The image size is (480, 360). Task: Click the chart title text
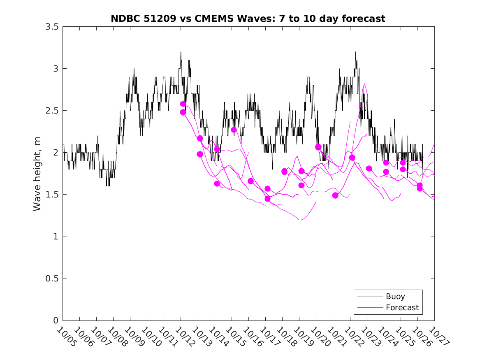[248, 19]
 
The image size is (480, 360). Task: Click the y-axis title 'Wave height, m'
[37, 174]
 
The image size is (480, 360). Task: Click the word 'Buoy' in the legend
[395, 297]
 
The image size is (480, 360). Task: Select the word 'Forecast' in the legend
[402, 307]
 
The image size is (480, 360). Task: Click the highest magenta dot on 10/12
[183, 104]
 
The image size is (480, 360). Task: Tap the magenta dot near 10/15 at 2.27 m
[234, 130]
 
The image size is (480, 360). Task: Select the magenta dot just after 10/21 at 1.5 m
[335, 195]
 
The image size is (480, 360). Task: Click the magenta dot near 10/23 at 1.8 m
[369, 168]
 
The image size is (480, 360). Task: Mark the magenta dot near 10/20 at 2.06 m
[318, 147]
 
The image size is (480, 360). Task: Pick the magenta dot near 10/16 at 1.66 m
[250, 181]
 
